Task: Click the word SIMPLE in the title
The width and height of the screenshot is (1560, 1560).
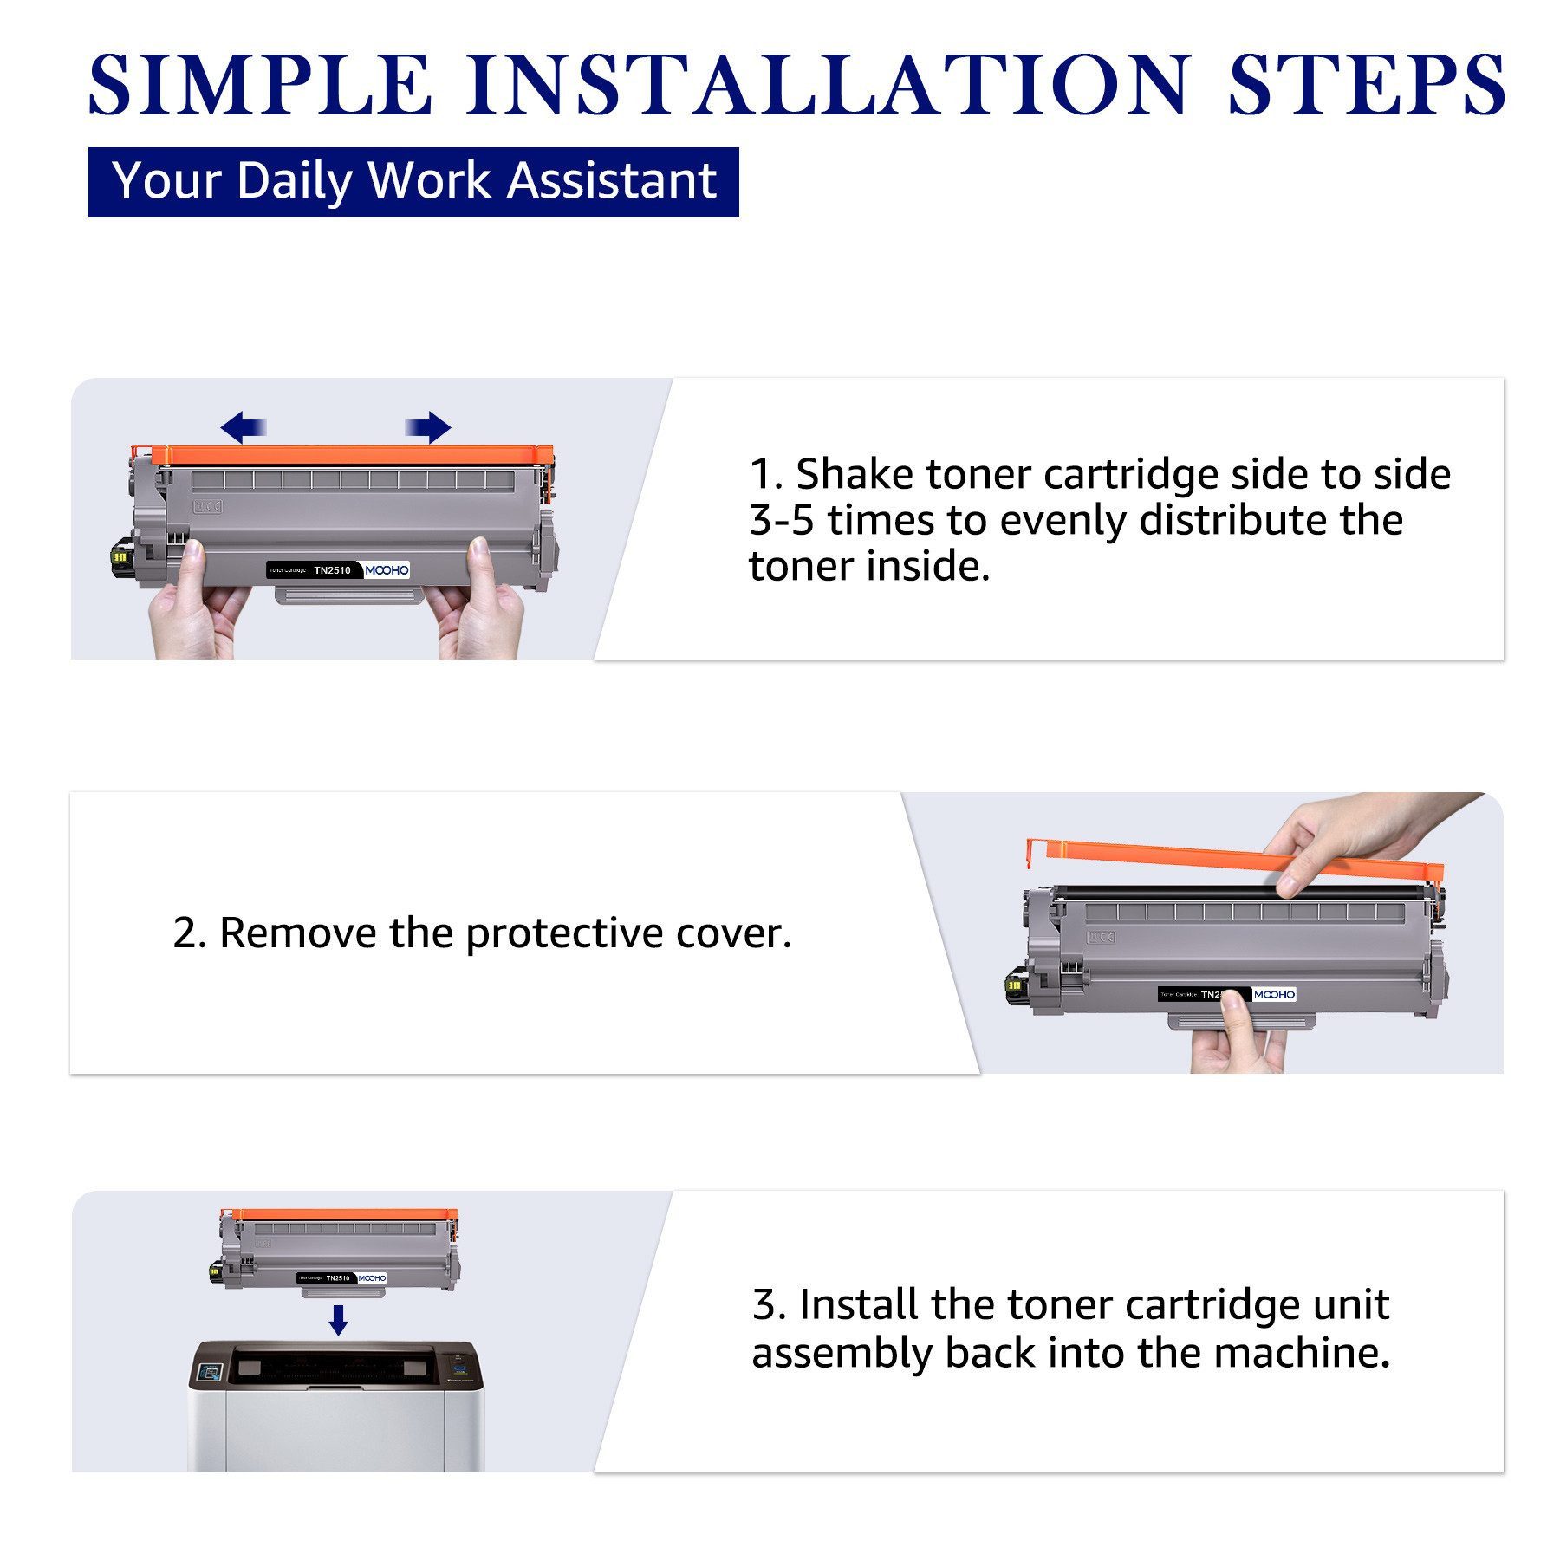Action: tap(260, 84)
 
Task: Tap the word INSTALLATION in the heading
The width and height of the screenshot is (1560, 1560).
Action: tap(828, 84)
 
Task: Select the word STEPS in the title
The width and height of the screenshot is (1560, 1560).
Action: tap(1367, 84)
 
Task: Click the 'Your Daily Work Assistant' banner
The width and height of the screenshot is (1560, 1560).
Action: tap(413, 181)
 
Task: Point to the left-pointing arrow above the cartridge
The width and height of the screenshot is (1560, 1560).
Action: tap(243, 427)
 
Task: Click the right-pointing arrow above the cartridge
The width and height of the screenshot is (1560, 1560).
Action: tap(429, 427)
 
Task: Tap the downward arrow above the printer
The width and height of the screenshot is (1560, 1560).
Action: tap(339, 1320)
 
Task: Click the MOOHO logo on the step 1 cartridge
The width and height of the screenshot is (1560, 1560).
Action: tap(387, 569)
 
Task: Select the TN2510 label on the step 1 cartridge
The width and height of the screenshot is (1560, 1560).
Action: tap(332, 570)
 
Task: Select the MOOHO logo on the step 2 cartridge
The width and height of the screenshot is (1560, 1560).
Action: tap(1274, 994)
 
